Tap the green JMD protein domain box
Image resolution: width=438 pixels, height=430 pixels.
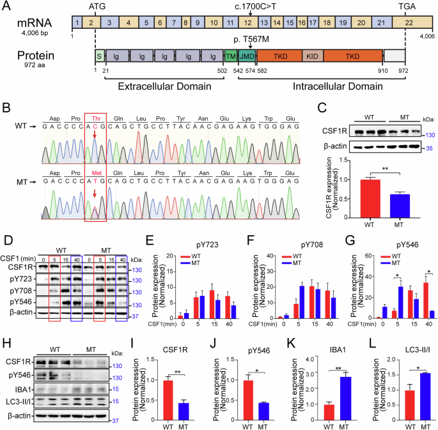246,56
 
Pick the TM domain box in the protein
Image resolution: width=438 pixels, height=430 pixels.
230,56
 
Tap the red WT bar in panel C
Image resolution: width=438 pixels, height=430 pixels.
350,191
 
